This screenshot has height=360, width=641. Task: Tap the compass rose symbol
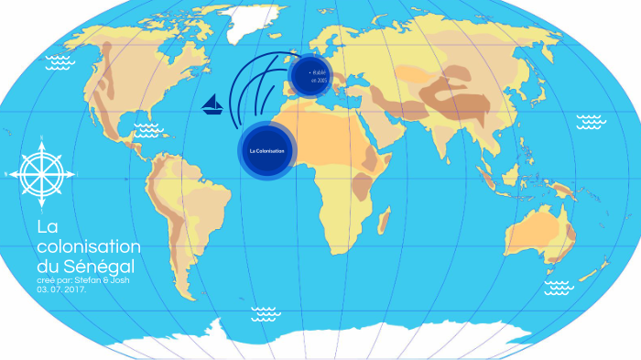click(x=42, y=170)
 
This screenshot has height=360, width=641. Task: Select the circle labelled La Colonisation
click(x=266, y=149)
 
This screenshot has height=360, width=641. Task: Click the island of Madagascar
click(x=386, y=221)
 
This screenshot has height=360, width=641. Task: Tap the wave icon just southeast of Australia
click(x=559, y=288)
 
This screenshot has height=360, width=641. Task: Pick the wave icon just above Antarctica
click(x=264, y=312)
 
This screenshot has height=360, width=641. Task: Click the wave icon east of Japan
click(x=589, y=121)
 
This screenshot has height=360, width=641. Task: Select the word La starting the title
click(x=46, y=227)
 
